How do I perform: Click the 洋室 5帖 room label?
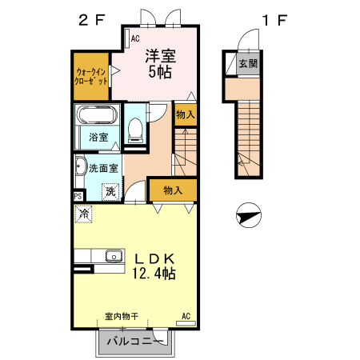pos(160,64)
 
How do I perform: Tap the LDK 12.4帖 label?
pos(154,266)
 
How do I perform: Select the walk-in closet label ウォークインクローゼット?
pos(91,77)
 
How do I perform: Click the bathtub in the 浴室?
pos(97,115)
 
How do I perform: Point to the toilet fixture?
pos(134,130)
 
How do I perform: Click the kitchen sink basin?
pos(114,257)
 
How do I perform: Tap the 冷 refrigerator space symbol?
pos(84,214)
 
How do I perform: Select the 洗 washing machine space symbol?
pos(110,191)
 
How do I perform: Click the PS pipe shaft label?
pos(78,197)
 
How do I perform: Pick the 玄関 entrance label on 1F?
pos(248,64)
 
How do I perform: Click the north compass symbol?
pos(249,215)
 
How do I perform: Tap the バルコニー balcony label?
pos(135,341)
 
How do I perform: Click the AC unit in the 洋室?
pos(127,38)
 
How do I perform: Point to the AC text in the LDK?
pos(186,316)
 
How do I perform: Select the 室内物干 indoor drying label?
pos(122,317)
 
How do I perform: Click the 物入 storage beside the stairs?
pos(186,114)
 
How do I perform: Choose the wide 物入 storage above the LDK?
pos(173,190)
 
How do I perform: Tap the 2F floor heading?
pos(92,20)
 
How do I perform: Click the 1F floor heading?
pos(274,20)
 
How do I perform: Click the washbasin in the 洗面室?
pos(81,166)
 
